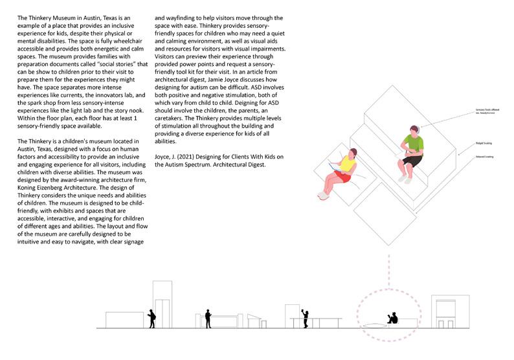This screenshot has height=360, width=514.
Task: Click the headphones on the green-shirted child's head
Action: click(417, 129)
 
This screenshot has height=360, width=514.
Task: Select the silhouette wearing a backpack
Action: click(151, 318)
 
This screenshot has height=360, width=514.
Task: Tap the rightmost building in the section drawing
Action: click(446, 313)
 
